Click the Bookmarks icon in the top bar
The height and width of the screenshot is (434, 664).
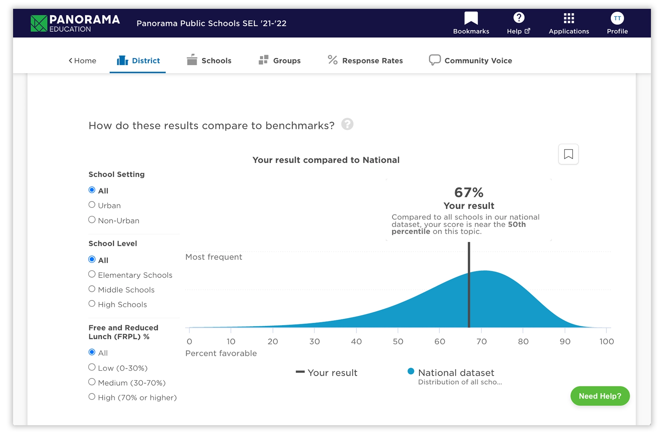point(471,18)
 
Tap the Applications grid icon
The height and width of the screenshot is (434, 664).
point(568,18)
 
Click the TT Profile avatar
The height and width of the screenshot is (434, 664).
point(617,18)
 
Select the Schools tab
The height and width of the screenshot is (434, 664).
point(209,61)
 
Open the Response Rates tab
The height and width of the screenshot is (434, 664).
point(365,61)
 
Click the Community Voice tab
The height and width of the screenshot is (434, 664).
point(471,61)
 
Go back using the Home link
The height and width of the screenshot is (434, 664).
point(83,61)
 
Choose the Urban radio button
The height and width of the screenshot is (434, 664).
point(92,205)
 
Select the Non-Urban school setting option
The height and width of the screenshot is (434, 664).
point(92,220)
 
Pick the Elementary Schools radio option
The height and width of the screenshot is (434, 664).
point(92,275)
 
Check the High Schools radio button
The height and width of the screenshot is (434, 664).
point(92,304)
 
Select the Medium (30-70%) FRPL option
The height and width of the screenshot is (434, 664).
point(92,382)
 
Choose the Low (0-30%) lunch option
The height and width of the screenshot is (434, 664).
point(92,368)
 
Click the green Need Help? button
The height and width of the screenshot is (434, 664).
point(600,396)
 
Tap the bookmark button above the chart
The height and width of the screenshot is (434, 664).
point(568,154)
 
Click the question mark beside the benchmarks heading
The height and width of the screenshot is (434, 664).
point(347,125)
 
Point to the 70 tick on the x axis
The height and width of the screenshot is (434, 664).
point(481,341)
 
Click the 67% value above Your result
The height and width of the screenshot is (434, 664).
point(469,192)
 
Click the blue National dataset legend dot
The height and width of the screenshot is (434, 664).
point(411,371)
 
